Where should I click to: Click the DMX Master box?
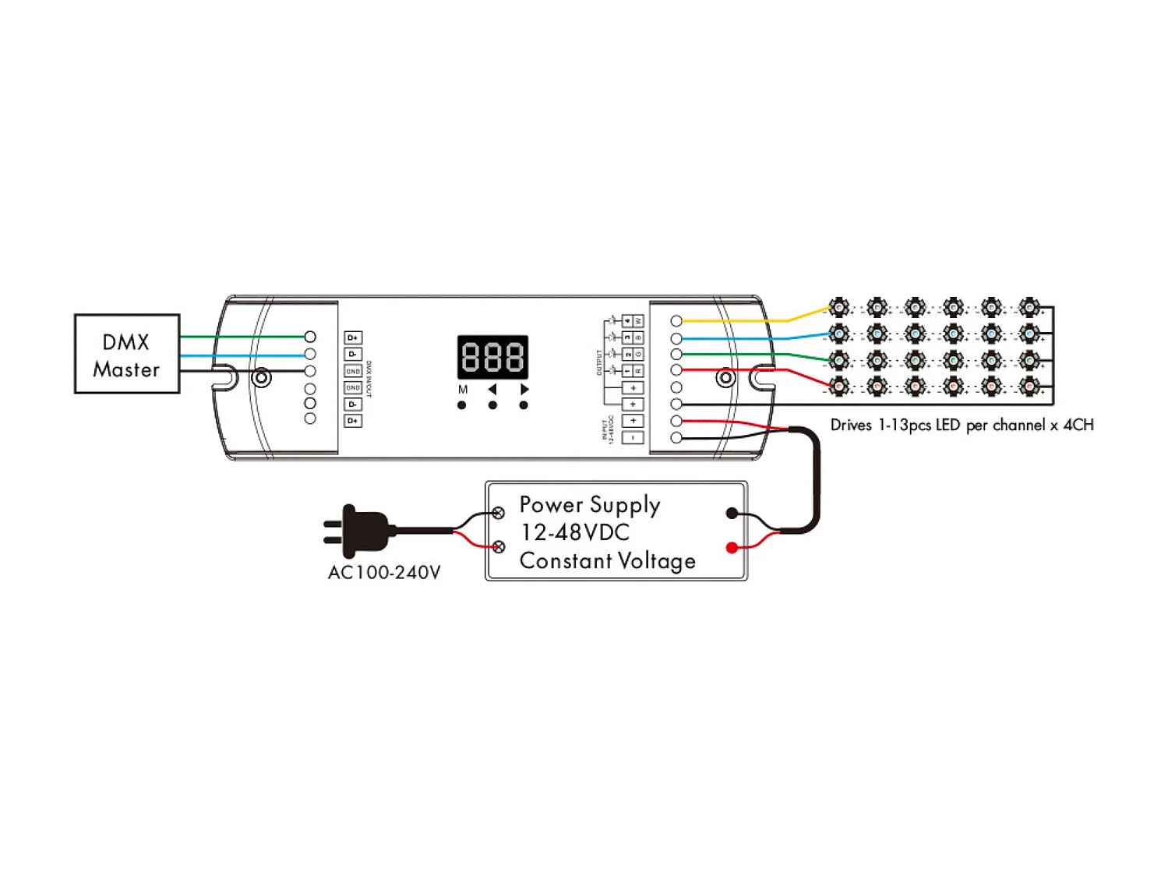[127, 354]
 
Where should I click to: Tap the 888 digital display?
[492, 357]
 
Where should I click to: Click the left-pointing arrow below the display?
[492, 389]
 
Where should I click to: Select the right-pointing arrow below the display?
[524, 389]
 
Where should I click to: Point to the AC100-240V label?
[384, 573]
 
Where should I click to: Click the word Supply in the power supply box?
[625, 505]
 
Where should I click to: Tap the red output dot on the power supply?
[731, 548]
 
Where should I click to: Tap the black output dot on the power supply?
[731, 513]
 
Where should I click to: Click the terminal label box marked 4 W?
[633, 321]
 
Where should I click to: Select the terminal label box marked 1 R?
[633, 371]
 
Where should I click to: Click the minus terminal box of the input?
[633, 437]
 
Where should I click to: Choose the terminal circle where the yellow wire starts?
[676, 321]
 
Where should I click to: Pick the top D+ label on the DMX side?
[353, 337]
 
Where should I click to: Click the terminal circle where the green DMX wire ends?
[310, 337]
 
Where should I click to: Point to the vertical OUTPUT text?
[599, 362]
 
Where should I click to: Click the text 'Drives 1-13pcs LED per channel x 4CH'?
[962, 426]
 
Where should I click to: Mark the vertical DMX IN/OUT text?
[369, 380]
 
